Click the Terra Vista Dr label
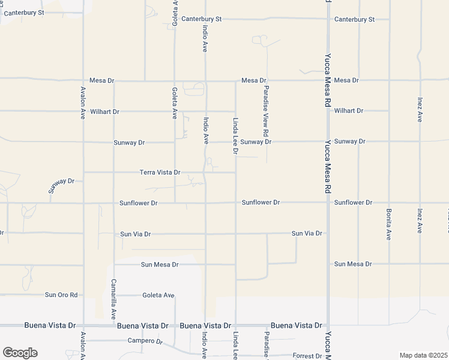(160, 172)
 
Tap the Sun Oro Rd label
(62, 295)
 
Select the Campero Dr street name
(145, 341)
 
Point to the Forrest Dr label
(307, 356)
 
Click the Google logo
(20, 353)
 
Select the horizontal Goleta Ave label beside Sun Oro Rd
(158, 295)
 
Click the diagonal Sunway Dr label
(61, 185)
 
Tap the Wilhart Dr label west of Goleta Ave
(105, 112)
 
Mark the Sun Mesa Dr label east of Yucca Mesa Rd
(353, 264)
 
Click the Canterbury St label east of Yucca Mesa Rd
(354, 19)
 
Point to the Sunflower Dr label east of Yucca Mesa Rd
(354, 203)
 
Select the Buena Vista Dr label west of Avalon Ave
(50, 325)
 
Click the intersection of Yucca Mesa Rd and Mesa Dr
(328, 80)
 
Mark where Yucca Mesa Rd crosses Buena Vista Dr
(328, 325)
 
